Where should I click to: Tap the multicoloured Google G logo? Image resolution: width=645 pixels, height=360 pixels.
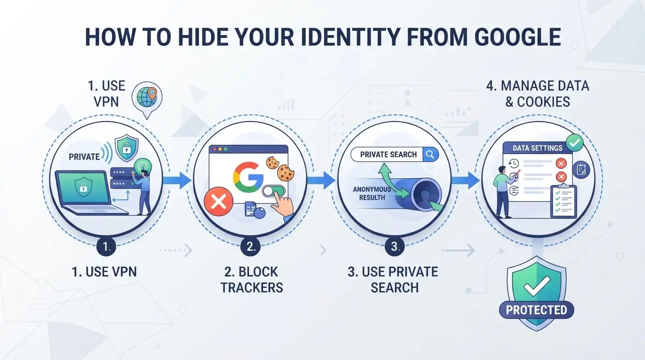pyautogui.click(x=248, y=177)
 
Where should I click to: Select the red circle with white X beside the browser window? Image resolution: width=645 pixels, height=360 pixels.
pyautogui.click(x=218, y=201)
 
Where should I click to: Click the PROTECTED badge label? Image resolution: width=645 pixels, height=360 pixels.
pyautogui.click(x=536, y=310)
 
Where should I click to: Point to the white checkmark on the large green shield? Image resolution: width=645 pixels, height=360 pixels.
pyautogui.click(x=537, y=285)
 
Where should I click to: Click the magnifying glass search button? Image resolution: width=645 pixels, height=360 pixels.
pyautogui.click(x=430, y=155)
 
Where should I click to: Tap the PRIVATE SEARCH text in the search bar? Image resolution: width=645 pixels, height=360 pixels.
pyautogui.click(x=389, y=155)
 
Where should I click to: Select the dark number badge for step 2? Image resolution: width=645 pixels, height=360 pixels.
pyautogui.click(x=250, y=247)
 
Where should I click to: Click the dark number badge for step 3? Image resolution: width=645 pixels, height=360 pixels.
pyautogui.click(x=395, y=247)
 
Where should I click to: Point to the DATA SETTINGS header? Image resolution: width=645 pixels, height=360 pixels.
pyautogui.click(x=537, y=148)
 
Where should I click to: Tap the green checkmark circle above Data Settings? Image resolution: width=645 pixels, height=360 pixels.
pyautogui.click(x=575, y=142)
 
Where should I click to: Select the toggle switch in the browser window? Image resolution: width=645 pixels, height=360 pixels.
pyautogui.click(x=273, y=191)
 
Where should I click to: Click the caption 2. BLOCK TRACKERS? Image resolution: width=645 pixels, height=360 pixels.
pyautogui.click(x=252, y=280)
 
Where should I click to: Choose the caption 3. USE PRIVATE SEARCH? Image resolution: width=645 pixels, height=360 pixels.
pyautogui.click(x=393, y=280)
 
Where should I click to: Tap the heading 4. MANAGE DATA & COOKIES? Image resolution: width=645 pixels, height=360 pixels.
pyautogui.click(x=538, y=94)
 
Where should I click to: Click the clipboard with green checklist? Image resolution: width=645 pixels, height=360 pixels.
pyautogui.click(x=563, y=201)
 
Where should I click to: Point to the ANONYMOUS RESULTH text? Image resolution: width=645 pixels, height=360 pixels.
pyautogui.click(x=372, y=193)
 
